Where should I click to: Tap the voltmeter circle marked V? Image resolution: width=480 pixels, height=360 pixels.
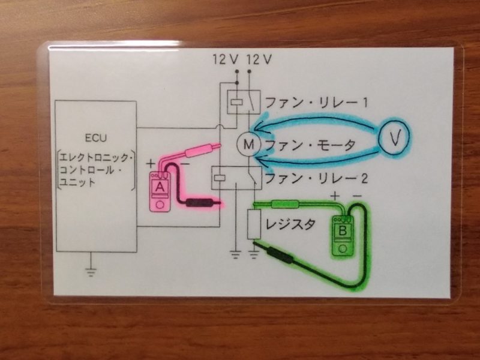[x=394, y=138]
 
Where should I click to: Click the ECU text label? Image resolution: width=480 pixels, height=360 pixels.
[x=95, y=137]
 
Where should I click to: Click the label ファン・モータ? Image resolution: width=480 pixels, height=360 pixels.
[x=310, y=145]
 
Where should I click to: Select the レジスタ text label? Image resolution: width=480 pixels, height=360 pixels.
[x=290, y=225]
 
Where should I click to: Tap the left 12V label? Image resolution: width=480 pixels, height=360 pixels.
[x=226, y=59]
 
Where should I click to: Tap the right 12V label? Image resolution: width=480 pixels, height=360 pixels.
[x=259, y=59]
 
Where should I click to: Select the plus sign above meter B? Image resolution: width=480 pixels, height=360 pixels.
[x=335, y=196]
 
